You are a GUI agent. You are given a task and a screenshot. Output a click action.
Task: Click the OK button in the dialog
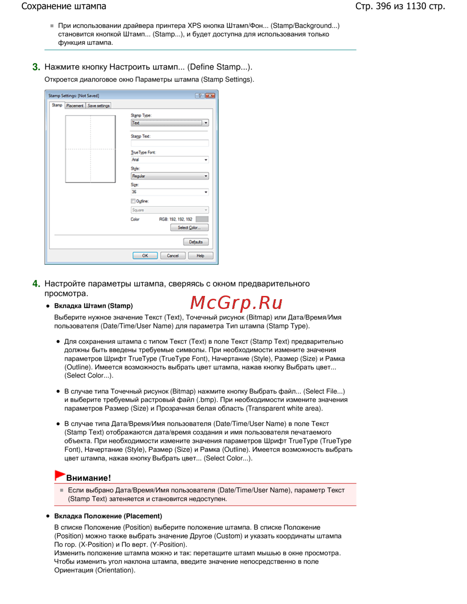[145, 256]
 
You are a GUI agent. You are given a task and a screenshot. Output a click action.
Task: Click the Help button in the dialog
[200, 256]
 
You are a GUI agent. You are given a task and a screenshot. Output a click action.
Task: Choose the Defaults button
[196, 242]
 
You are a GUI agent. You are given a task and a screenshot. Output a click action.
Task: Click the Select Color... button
[189, 228]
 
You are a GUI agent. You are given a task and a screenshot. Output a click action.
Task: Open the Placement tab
[75, 106]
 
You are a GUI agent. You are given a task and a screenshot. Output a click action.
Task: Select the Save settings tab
[99, 106]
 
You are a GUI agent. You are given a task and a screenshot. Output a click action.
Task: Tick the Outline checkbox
[133, 201]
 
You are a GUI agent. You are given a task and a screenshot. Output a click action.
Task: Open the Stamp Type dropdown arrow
[205, 123]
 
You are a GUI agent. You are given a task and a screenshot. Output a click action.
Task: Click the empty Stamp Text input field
[170, 143]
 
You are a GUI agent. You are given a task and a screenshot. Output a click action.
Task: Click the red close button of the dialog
[210, 96]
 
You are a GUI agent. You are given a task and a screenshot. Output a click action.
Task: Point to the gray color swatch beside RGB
[202, 219]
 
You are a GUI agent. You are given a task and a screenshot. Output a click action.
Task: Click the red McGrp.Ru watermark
[236, 303]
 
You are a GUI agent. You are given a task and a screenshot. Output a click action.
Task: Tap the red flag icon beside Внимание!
[59, 476]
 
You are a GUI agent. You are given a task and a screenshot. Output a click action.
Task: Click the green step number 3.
[36, 67]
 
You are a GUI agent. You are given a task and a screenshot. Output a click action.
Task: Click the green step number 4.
[36, 284]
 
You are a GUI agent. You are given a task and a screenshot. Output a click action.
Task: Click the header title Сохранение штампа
[64, 7]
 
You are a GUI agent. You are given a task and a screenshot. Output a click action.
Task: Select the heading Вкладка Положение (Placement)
[108, 516]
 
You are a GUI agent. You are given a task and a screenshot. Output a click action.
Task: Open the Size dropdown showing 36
[206, 192]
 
